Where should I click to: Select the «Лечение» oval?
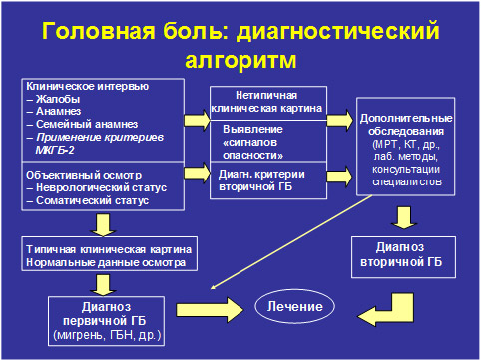click(x=300, y=304)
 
